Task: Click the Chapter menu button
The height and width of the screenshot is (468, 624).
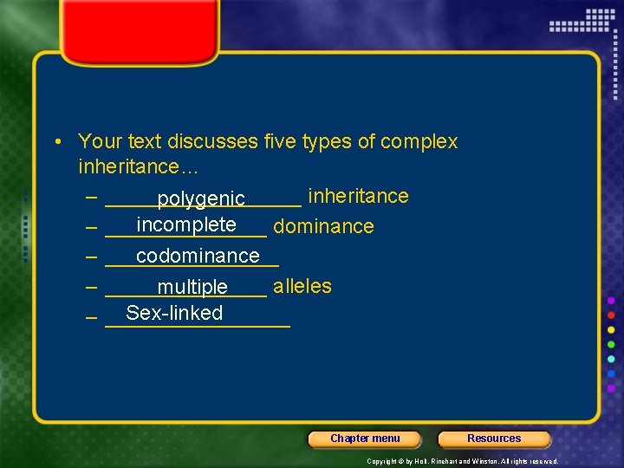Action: pyautogui.click(x=365, y=439)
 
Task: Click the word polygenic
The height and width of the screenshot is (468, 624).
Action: pyautogui.click(x=201, y=200)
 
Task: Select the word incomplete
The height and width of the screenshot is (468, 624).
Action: pyautogui.click(x=186, y=225)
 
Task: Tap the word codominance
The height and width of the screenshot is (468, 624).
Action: pyautogui.click(x=198, y=256)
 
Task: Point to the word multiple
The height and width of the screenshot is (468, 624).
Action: pyautogui.click(x=192, y=287)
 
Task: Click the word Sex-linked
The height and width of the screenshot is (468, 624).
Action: pyautogui.click(x=174, y=313)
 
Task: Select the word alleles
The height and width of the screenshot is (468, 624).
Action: pyautogui.click(x=302, y=286)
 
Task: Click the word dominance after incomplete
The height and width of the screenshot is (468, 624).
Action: pyautogui.click(x=323, y=227)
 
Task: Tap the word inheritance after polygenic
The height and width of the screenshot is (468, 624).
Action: pyautogui.click(x=358, y=196)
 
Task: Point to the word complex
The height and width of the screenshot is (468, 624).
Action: pyautogui.click(x=422, y=141)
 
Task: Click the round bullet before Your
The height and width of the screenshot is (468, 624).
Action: pyautogui.click(x=55, y=142)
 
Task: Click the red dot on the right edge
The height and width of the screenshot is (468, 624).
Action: pyautogui.click(x=611, y=315)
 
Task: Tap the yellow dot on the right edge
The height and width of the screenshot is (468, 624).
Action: pyautogui.click(x=611, y=329)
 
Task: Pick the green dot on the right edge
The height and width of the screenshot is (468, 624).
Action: pyautogui.click(x=611, y=344)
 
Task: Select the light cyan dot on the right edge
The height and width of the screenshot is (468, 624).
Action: pyautogui.click(x=611, y=359)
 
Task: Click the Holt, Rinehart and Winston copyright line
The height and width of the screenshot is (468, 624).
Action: pyautogui.click(x=462, y=461)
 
